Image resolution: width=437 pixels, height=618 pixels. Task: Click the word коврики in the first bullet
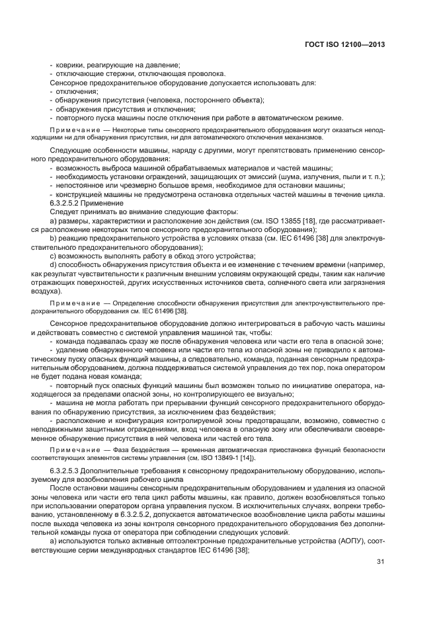tap(67, 65)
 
